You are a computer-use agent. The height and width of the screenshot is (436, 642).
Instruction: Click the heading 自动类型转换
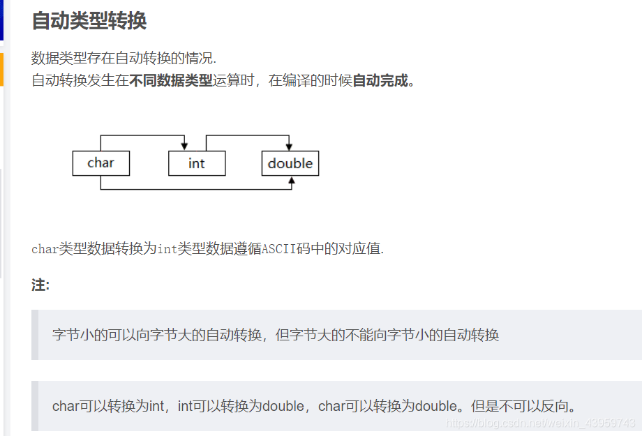point(89,21)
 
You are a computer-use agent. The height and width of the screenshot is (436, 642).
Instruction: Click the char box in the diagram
point(100,163)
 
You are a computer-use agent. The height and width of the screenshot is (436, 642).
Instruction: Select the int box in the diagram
point(197,163)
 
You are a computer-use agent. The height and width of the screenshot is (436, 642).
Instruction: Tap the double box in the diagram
point(290,163)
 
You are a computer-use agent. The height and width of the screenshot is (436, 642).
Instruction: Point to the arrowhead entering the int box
point(184,146)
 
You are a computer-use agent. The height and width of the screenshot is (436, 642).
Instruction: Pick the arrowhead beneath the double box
point(292,181)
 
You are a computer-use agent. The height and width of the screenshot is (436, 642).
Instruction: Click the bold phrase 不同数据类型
point(171,80)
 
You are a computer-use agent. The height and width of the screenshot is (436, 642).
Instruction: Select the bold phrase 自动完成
point(380,80)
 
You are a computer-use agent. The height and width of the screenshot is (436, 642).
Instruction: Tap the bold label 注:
point(40,285)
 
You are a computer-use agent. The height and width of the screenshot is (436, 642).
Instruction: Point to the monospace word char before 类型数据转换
point(45,249)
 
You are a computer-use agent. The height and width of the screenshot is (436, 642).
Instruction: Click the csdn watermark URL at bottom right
point(541,423)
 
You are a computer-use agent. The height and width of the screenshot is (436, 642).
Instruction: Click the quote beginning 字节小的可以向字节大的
point(276,335)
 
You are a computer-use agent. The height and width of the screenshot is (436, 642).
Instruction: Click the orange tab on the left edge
point(1,70)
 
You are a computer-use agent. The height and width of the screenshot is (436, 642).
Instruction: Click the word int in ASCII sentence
point(167,249)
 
